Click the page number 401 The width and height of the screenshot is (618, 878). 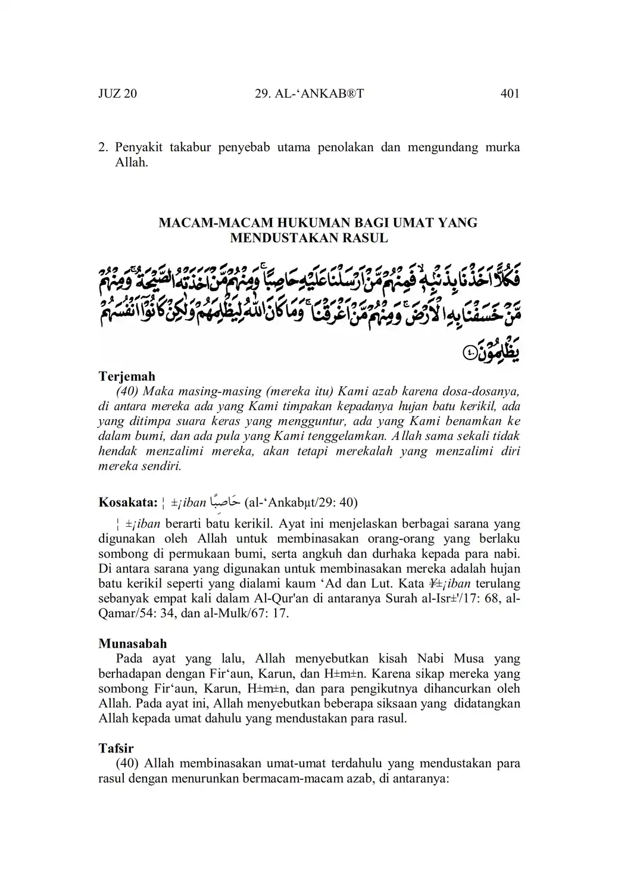[x=510, y=93]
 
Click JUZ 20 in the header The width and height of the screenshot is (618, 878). [x=117, y=93]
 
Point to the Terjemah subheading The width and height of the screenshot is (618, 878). [x=127, y=376]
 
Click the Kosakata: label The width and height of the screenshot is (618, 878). [x=127, y=502]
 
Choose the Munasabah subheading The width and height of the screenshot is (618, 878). [x=133, y=643]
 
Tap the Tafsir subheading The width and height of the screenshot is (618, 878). [x=116, y=748]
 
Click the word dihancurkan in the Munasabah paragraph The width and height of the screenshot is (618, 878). [x=450, y=689]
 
